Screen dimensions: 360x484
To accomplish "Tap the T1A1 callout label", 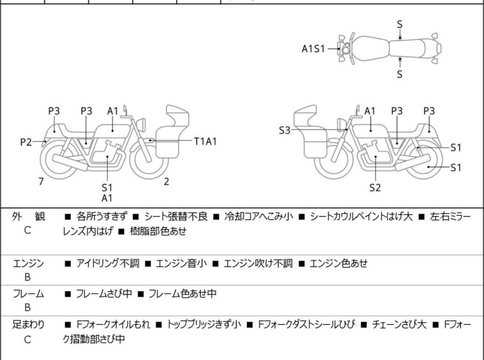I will point(205,140).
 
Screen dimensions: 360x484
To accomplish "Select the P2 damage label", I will point(26,141).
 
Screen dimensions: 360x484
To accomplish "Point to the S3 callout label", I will point(285,130).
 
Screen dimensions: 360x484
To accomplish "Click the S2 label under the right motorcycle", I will point(375,187).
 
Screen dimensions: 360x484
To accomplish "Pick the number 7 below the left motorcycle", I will point(41,182).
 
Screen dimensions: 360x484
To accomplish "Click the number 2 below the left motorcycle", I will point(166,182).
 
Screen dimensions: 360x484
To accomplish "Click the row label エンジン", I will point(28,262).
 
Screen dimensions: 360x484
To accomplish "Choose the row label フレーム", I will point(28,293).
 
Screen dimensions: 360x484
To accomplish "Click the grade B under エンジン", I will point(28,277).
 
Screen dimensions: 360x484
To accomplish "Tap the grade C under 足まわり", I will point(28,339).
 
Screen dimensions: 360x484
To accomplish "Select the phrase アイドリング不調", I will point(106,262).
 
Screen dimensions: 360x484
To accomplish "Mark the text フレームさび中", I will point(103,293).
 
